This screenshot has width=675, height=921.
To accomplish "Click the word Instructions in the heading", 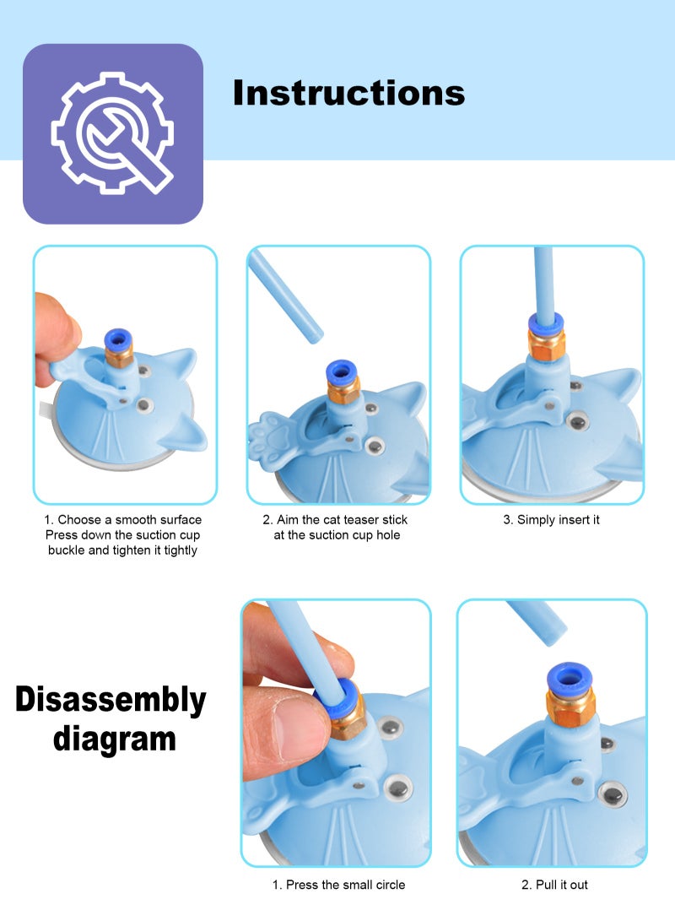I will (x=348, y=92).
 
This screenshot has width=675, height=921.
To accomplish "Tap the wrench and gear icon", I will (x=112, y=133).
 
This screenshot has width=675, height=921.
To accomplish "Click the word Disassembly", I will (x=111, y=700).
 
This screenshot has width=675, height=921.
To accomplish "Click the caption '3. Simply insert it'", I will (x=552, y=520).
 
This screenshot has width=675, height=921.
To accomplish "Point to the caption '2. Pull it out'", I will (x=553, y=885).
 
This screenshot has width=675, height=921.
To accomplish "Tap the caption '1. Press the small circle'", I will (x=338, y=885).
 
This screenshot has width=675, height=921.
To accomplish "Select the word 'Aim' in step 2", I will (x=288, y=520).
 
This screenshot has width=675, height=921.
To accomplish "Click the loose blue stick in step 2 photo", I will (x=285, y=295).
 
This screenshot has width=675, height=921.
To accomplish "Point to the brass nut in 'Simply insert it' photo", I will (x=547, y=344).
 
